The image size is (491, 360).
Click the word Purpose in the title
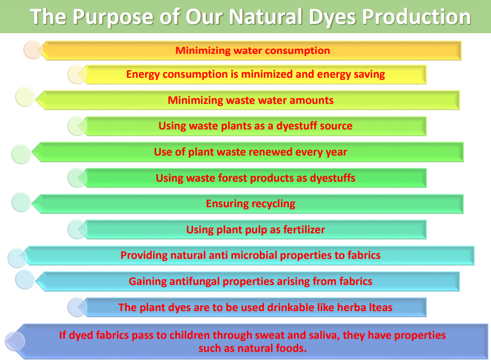[x=114, y=17]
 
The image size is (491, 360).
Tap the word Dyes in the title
[x=333, y=17]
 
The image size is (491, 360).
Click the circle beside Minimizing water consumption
[x=33, y=49]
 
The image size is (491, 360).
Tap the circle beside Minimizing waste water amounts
[x=25, y=97]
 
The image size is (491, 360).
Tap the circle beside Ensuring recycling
[x=21, y=202]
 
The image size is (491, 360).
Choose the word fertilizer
[x=304, y=229]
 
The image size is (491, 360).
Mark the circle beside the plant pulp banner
[x=77, y=229]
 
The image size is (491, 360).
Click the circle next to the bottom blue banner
[x=15, y=341]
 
